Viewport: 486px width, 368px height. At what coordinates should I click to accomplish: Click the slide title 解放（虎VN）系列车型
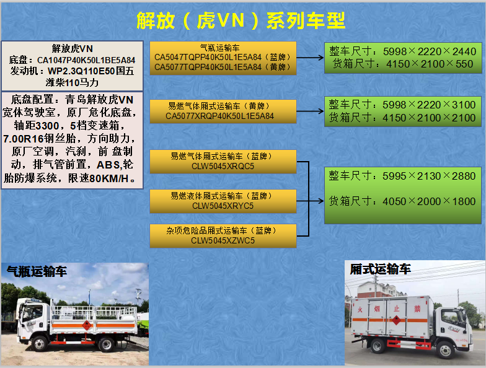[x=241, y=21]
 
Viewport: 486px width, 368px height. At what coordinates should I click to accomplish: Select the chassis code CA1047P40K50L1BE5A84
[x=86, y=60]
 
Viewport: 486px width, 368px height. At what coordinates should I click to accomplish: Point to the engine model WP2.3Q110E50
[x=81, y=71]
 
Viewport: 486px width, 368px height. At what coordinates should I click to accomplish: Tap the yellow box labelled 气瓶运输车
[x=223, y=58]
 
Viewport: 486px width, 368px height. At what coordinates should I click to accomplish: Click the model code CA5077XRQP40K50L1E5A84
[x=219, y=116]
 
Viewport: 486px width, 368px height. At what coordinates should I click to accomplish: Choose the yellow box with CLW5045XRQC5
[x=223, y=161]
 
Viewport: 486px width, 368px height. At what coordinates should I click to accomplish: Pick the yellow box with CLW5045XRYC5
[x=223, y=201]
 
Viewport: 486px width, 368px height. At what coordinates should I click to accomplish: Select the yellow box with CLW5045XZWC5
[x=223, y=235]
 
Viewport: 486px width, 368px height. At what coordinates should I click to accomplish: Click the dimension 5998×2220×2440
[x=430, y=51]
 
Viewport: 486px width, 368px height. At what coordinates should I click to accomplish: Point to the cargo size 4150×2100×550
[x=430, y=64]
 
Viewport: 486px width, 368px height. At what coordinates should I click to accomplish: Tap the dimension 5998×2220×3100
[x=429, y=105]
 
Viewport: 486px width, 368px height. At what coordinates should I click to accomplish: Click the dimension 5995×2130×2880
[x=429, y=176]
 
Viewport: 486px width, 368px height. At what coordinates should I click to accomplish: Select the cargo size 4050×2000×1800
[x=429, y=201]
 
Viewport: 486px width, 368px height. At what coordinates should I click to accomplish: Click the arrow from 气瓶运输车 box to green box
[x=310, y=58]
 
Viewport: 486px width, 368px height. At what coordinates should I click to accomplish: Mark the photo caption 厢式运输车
[x=381, y=269]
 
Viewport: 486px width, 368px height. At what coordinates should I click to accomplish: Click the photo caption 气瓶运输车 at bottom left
[x=37, y=271]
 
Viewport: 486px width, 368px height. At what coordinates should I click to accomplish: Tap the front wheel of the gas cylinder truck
[x=40, y=343]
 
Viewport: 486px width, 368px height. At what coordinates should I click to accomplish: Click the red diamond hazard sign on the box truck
[x=396, y=320]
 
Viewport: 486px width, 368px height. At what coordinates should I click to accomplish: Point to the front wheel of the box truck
[x=445, y=349]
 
